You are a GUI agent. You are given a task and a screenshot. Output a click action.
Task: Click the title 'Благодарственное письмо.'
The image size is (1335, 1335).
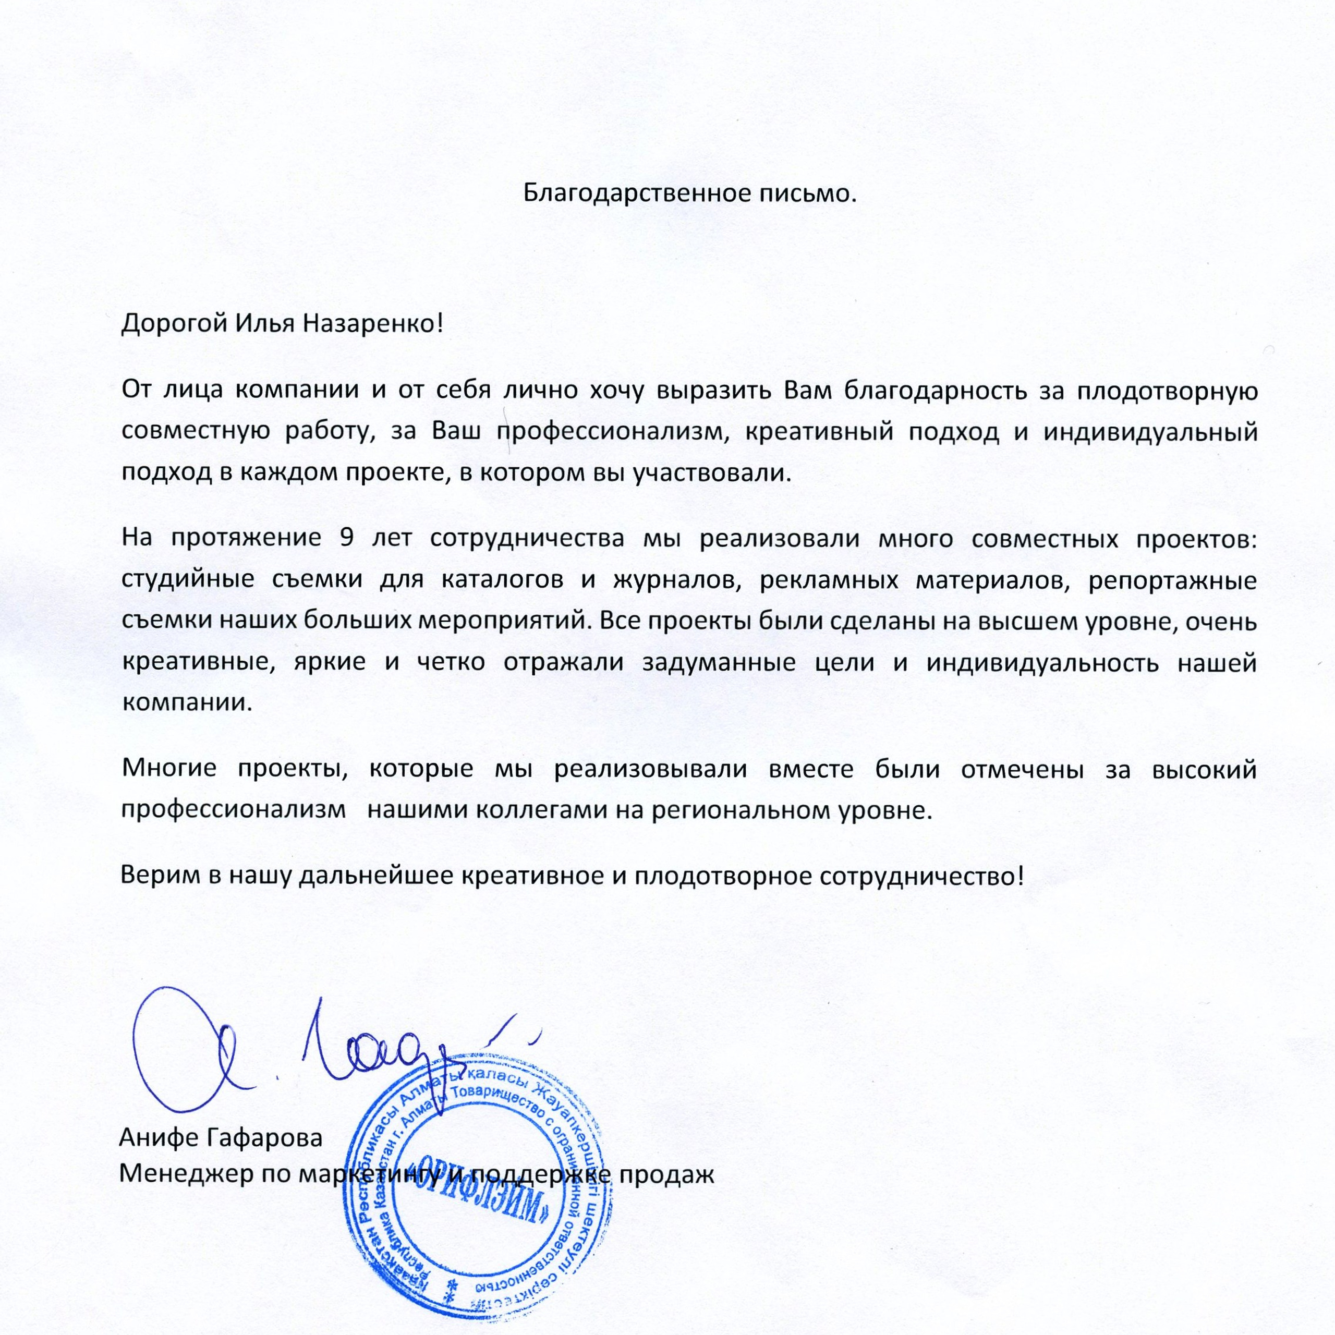pyautogui.click(x=689, y=193)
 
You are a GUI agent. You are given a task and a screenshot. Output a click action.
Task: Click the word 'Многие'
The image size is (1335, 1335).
pyautogui.click(x=169, y=768)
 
